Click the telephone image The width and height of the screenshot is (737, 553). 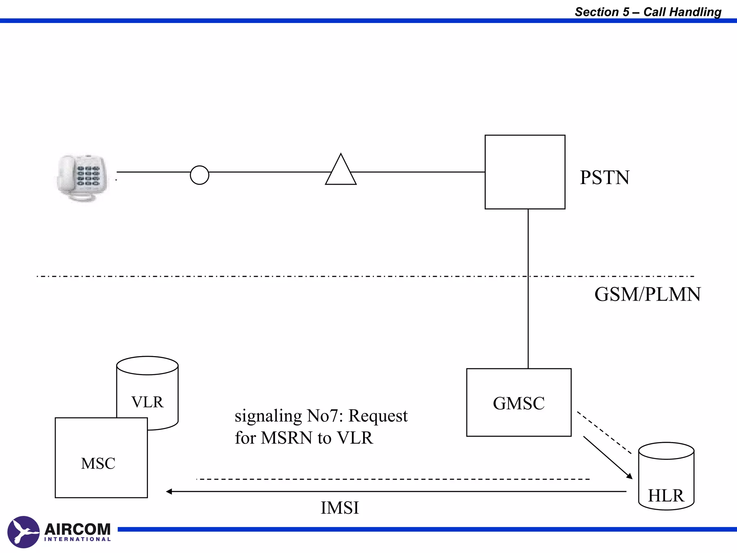83,178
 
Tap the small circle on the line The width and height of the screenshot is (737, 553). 199,175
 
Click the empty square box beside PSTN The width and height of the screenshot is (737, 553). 525,172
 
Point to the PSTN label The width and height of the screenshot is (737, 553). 604,177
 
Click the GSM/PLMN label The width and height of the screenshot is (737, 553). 647,294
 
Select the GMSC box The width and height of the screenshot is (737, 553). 519,403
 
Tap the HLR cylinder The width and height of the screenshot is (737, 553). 666,477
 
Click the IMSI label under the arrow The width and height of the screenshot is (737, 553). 340,508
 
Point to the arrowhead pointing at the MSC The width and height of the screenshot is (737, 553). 169,491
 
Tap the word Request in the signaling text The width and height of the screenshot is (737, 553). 378,416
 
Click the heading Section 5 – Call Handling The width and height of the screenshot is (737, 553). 648,12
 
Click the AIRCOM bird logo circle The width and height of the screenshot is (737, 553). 23,532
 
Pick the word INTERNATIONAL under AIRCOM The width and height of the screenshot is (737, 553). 77,539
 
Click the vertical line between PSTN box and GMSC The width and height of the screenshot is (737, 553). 528,288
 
